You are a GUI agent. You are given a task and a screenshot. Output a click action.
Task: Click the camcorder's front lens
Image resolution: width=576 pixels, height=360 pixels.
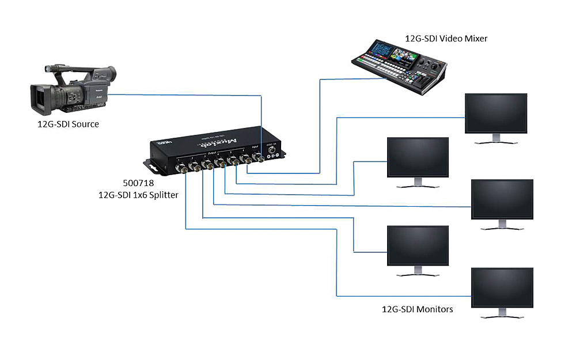point(40,98)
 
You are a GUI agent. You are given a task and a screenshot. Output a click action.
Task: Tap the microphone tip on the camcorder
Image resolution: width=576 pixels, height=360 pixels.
point(51,69)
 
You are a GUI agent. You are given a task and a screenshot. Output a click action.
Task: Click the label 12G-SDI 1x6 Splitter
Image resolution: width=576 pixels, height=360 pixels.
point(138,195)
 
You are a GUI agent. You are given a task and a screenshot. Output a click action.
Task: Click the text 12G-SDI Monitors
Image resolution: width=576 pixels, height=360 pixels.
point(418,309)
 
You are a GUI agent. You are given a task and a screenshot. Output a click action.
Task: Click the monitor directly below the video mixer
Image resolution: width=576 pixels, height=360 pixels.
point(495,113)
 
